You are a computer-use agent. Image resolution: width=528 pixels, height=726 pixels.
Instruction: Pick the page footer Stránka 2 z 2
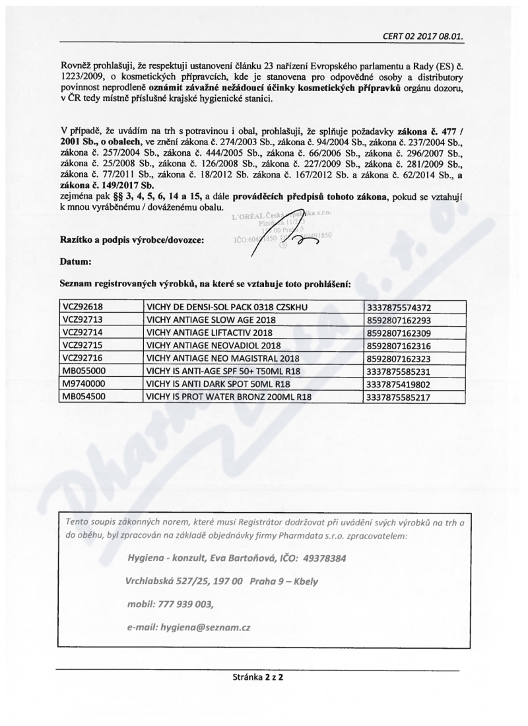click(x=257, y=676)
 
